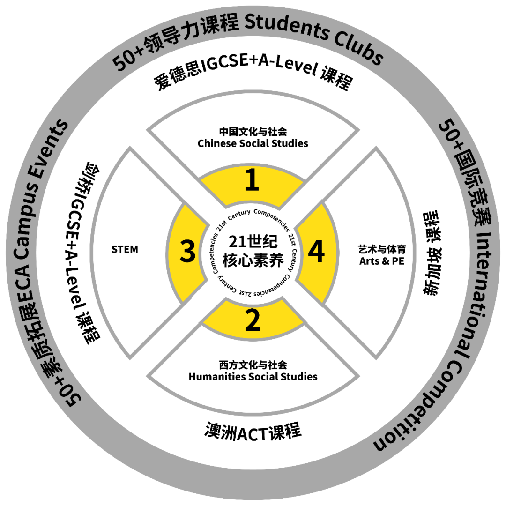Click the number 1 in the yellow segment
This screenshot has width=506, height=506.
pos(252,181)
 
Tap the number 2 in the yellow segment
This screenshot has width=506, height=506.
pos(253,321)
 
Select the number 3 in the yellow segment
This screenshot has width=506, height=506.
pos(188,252)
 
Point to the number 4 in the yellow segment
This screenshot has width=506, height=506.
pos(316,252)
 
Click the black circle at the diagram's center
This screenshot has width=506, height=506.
pos(252,252)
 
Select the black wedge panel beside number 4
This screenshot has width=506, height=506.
pos(375,253)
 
